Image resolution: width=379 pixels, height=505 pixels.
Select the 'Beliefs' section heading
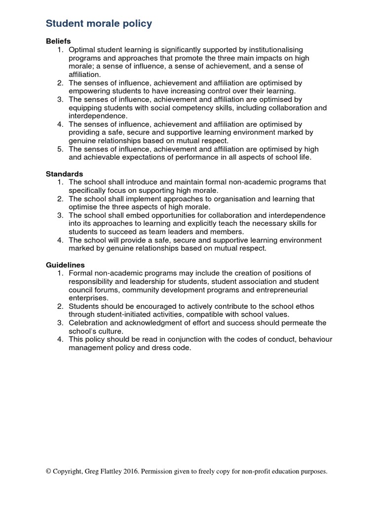click(x=58, y=41)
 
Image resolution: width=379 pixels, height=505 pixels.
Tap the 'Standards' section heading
click(x=64, y=174)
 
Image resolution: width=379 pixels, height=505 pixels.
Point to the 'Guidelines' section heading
click(x=65, y=265)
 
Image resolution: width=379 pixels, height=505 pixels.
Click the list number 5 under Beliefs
click(x=60, y=149)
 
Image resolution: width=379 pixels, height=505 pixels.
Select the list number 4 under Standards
click(x=60, y=240)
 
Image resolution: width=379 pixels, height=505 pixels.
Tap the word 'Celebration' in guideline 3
click(x=89, y=323)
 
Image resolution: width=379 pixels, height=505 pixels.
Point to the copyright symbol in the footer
click(x=48, y=471)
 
